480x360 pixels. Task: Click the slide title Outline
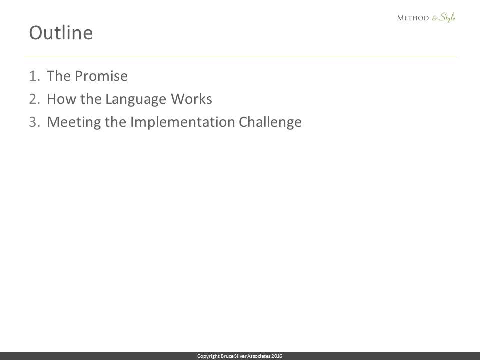click(61, 33)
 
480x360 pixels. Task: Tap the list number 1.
click(34, 76)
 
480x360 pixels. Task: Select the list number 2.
click(34, 99)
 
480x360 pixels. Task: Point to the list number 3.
click(34, 122)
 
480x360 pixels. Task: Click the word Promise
click(101, 76)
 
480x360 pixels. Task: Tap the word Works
click(191, 99)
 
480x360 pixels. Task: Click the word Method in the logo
click(413, 18)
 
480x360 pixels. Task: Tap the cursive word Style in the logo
click(447, 18)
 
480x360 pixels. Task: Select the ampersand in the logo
click(435, 18)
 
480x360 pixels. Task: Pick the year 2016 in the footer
click(277, 356)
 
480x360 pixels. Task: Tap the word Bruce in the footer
click(227, 356)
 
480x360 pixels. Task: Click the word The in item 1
click(59, 76)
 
